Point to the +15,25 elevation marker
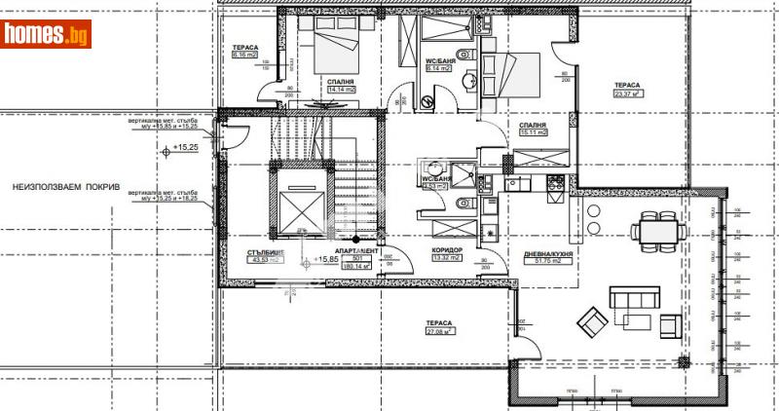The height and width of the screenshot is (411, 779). (185, 148)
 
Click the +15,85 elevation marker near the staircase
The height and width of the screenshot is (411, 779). (329, 260)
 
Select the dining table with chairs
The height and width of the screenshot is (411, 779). (653, 231)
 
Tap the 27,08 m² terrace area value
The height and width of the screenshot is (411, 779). (440, 332)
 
